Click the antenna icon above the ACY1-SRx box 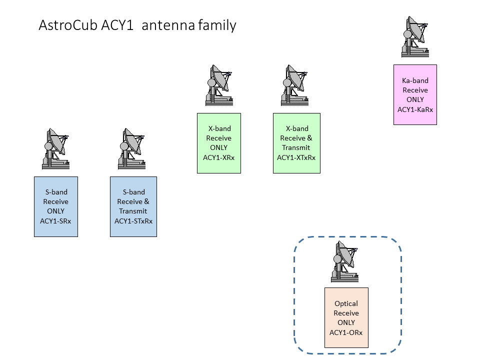coord(55,148)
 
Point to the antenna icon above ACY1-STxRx coord(133,148)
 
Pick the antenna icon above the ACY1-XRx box coord(219,85)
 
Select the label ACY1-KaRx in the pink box coord(415,109)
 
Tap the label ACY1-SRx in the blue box coord(55,221)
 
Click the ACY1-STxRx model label coord(133,221)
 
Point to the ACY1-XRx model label coord(219,157)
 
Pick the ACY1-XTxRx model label coord(296,157)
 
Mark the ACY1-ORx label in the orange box coord(346,332)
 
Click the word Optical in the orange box coord(346,303)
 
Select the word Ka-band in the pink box coord(415,80)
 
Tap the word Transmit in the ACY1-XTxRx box coord(296,147)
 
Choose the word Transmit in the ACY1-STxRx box coord(133,211)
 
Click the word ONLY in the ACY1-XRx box coord(219,147)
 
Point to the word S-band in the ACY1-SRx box coord(55,192)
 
